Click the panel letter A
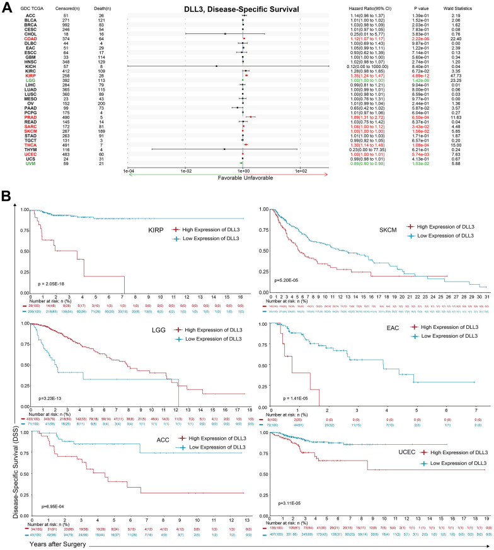[7, 6]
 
